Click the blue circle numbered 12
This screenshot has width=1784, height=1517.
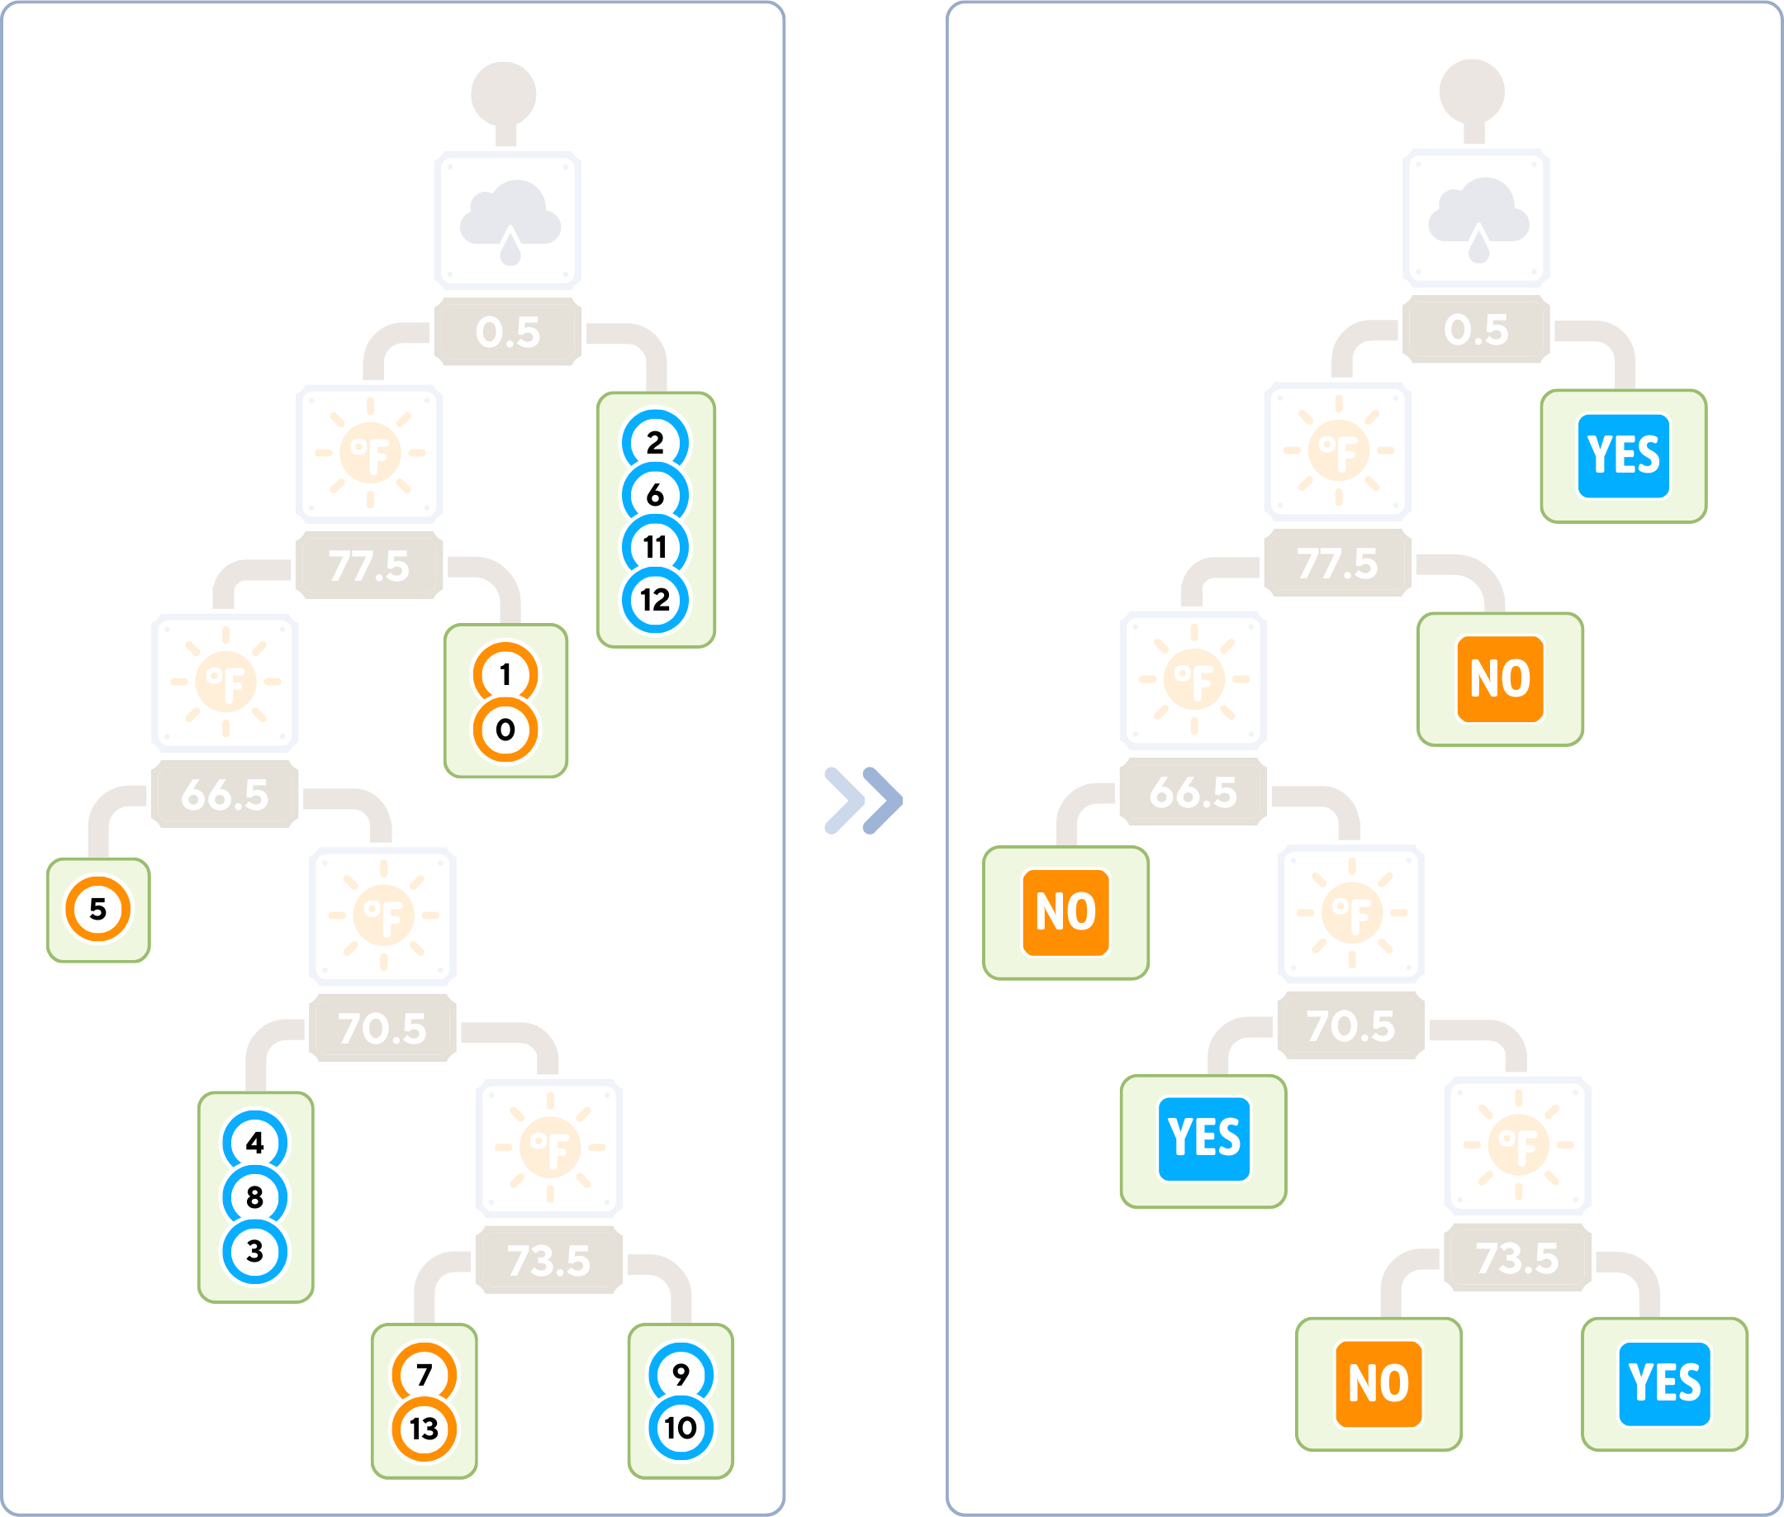[655, 599]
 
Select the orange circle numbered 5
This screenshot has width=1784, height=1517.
[98, 909]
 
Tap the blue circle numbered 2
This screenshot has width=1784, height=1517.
[655, 443]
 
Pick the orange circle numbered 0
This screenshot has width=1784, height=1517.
[505, 730]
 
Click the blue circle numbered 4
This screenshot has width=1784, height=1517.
[255, 1143]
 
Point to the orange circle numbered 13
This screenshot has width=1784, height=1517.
[424, 1429]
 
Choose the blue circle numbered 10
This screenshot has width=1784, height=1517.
[680, 1429]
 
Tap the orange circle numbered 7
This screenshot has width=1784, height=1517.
[424, 1375]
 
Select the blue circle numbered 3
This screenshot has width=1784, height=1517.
[255, 1251]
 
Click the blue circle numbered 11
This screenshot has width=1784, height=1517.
[655, 547]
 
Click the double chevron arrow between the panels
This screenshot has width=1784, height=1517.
[863, 800]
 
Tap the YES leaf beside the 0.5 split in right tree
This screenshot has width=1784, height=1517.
[1623, 456]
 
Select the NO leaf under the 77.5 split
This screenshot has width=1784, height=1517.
[1499, 679]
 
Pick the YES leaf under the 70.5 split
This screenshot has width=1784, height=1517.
[1203, 1139]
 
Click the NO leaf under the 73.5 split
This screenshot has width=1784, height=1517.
[1378, 1384]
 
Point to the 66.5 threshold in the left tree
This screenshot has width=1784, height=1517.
[225, 795]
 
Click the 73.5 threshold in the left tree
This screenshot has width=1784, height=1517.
[549, 1261]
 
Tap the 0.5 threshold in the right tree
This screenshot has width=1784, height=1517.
[1476, 331]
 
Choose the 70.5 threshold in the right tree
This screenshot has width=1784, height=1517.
[1350, 1026]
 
